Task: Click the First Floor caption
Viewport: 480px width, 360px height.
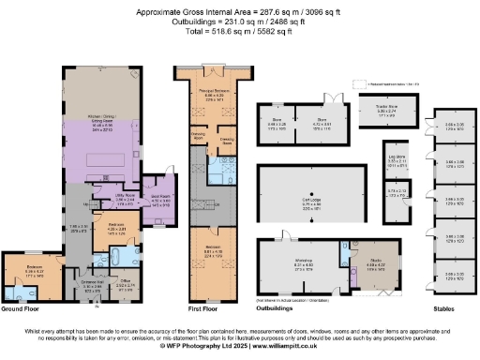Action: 190,308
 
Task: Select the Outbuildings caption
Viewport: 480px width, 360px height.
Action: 277,308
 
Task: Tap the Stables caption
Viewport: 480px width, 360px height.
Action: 445,308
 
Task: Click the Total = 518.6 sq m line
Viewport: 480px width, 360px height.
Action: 239,31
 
